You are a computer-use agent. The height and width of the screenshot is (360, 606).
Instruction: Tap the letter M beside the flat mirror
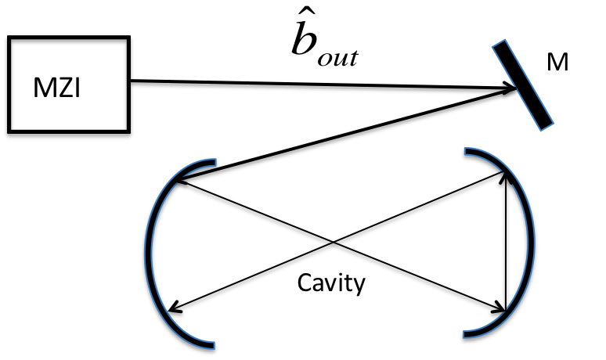557,63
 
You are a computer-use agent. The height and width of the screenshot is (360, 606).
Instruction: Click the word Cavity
331,283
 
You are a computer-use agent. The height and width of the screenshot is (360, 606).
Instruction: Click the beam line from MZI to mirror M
313,84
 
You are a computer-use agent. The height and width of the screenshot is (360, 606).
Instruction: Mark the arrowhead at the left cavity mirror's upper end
179,181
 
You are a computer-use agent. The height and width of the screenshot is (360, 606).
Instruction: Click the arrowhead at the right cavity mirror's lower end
500,308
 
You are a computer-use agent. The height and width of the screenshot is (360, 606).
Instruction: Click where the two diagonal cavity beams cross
335,243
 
